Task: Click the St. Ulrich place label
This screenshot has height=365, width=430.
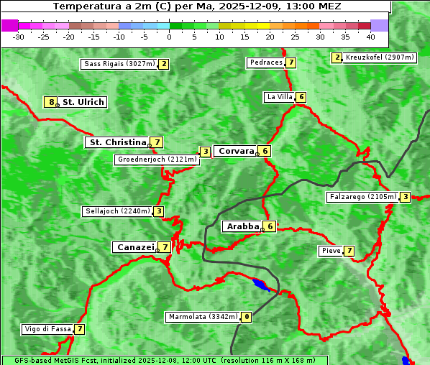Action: click(83, 102)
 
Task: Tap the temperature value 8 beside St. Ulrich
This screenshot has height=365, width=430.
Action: click(50, 102)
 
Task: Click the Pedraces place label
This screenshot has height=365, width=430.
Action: click(266, 63)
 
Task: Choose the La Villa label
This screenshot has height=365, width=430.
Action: click(280, 97)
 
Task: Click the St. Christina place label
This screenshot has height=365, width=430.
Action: click(117, 142)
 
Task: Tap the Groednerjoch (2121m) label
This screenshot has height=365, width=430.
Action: click(157, 160)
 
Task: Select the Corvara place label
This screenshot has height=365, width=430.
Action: click(236, 151)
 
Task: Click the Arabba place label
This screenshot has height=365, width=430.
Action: click(242, 226)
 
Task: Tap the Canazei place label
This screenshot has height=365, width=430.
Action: click(135, 247)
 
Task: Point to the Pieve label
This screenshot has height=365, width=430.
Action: click(331, 251)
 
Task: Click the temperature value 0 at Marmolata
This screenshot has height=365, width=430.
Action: click(247, 317)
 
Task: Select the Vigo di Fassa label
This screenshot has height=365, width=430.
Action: click(48, 329)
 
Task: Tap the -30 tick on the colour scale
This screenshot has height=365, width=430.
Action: click(19, 37)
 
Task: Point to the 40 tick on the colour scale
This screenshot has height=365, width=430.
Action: click(370, 37)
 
